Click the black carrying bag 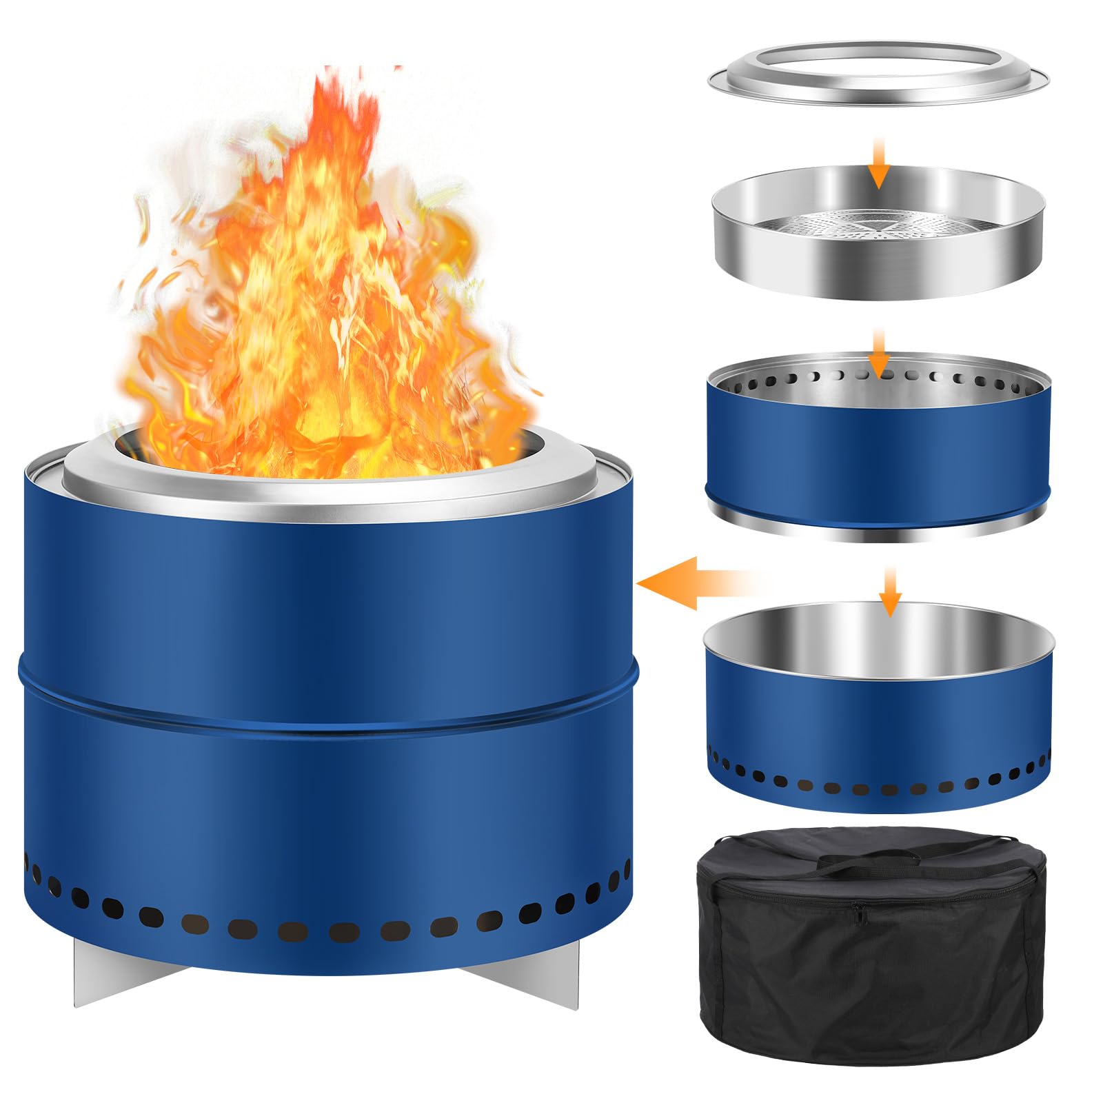point(871,965)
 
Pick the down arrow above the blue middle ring point(878,352)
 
